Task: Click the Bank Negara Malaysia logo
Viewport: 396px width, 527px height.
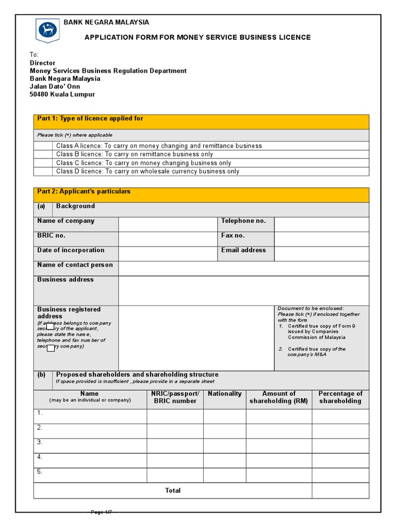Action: [x=47, y=31]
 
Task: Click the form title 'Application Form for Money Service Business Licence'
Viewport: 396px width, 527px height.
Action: [x=197, y=37]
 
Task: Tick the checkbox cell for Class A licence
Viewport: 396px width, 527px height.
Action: [x=43, y=146]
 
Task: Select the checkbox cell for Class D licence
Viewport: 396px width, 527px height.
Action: [x=43, y=171]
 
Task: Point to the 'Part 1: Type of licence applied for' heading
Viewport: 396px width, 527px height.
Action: [x=90, y=118]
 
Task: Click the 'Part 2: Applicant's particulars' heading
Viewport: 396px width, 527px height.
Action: [x=84, y=191]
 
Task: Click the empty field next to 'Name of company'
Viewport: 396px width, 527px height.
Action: [x=168, y=224]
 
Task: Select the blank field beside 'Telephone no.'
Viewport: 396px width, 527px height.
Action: [x=321, y=224]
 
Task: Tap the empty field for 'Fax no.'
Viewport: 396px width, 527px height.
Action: [x=321, y=239]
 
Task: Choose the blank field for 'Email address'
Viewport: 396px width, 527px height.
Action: [x=321, y=254]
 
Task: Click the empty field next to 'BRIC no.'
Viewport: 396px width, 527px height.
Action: [x=168, y=239]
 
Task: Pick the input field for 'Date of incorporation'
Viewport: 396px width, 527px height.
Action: [x=168, y=254]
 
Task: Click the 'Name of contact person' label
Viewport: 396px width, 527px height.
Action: [x=75, y=265]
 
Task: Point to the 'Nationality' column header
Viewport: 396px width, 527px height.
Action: [x=224, y=394]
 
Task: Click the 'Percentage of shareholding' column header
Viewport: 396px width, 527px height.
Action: [x=340, y=397]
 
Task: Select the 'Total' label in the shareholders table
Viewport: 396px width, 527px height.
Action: [x=173, y=490]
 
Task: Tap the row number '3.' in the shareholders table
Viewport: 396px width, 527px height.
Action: [x=40, y=442]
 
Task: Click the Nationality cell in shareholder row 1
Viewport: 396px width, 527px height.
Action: [x=224, y=416]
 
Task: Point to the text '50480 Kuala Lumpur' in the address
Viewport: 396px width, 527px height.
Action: [x=62, y=95]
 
